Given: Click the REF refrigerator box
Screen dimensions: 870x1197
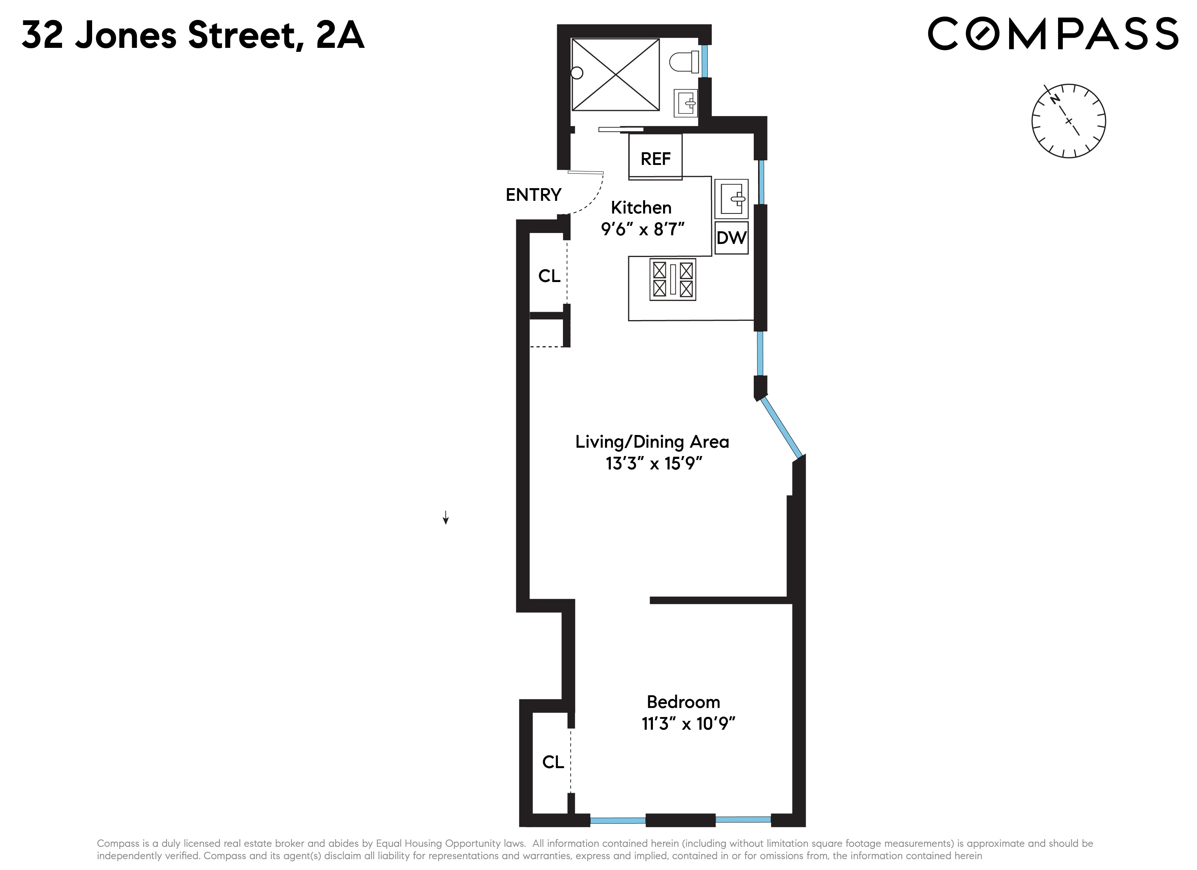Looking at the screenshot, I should [655, 157].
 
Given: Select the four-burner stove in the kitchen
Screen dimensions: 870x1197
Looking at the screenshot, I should [672, 279].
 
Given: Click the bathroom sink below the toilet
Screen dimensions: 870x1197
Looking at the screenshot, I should [686, 103].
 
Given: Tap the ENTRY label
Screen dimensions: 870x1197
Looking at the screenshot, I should [533, 195].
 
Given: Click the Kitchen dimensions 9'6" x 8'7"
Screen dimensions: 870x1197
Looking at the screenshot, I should [642, 229].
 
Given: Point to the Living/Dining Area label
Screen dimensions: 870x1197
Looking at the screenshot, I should [652, 442].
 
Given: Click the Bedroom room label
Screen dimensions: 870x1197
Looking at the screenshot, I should [683, 702].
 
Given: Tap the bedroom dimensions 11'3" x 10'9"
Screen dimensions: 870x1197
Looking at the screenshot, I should [688, 723].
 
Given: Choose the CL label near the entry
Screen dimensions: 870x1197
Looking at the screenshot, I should [549, 275].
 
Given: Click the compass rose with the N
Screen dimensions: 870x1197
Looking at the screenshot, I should [1068, 121].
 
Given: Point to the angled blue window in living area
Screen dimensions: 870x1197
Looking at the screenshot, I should [782, 427].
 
